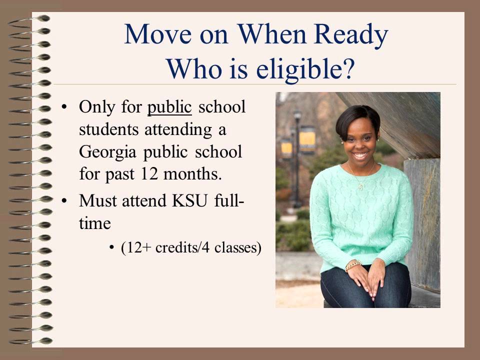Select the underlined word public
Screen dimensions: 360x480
169,107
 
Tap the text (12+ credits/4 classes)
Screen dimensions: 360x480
191,248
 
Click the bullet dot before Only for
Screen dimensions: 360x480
63,107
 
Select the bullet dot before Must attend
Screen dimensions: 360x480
63,201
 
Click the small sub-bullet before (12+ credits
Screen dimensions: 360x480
112,248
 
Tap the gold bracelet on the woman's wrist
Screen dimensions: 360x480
353,264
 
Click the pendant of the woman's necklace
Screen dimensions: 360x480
360,186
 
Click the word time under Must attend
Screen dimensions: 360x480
94,223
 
